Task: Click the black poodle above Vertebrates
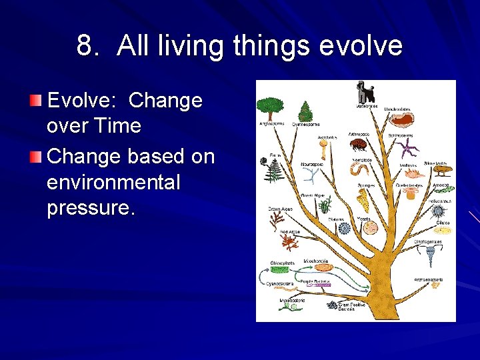coord(365,92)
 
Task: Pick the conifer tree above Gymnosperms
coord(306,111)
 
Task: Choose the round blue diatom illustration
coord(344,228)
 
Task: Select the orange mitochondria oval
coord(323,267)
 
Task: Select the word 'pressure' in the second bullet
coord(90,207)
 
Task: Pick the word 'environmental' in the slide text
coord(113,181)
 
